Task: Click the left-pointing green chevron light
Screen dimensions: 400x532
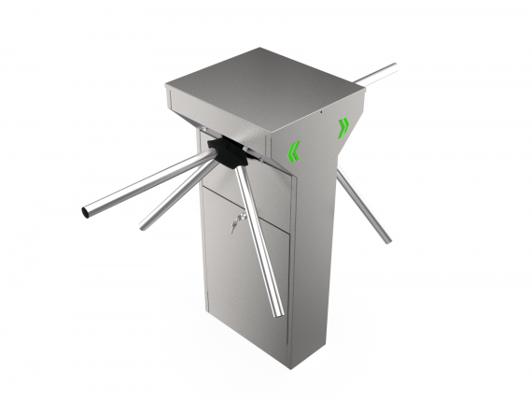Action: coord(294,150)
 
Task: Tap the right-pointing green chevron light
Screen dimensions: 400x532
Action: coord(343,127)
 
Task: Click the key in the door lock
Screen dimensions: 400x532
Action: coord(239,221)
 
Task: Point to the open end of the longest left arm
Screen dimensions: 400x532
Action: coord(86,212)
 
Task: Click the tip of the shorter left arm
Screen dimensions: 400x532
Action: coord(143,226)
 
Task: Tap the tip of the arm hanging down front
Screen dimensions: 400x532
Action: coord(278,315)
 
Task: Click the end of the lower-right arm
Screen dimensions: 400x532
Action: coord(385,240)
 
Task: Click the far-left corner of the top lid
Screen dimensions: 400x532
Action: coord(168,89)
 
